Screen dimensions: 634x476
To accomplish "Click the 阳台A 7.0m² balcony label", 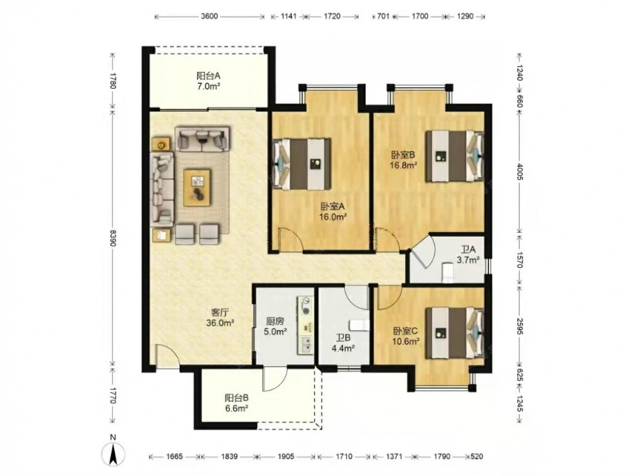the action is pos(208,81).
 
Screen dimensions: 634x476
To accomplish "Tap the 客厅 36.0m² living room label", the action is pos(221,317).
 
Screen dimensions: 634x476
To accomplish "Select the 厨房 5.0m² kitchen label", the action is pos(275,326).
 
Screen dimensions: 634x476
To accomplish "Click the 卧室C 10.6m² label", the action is pos(406,336).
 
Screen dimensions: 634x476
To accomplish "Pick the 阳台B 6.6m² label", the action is pos(236,403).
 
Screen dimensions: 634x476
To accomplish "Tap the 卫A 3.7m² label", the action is pos(469,255).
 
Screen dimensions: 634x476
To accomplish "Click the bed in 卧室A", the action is pos(301,164).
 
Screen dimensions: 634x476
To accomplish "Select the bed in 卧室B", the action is pos(455,156).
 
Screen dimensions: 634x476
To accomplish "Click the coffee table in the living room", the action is pos(197,187).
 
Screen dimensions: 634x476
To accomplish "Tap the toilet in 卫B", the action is pos(359,325).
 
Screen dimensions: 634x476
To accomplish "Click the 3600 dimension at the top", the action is pos(209,17).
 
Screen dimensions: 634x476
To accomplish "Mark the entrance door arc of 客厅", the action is pos(167,357).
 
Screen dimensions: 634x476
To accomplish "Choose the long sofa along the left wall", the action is pos(162,189).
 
